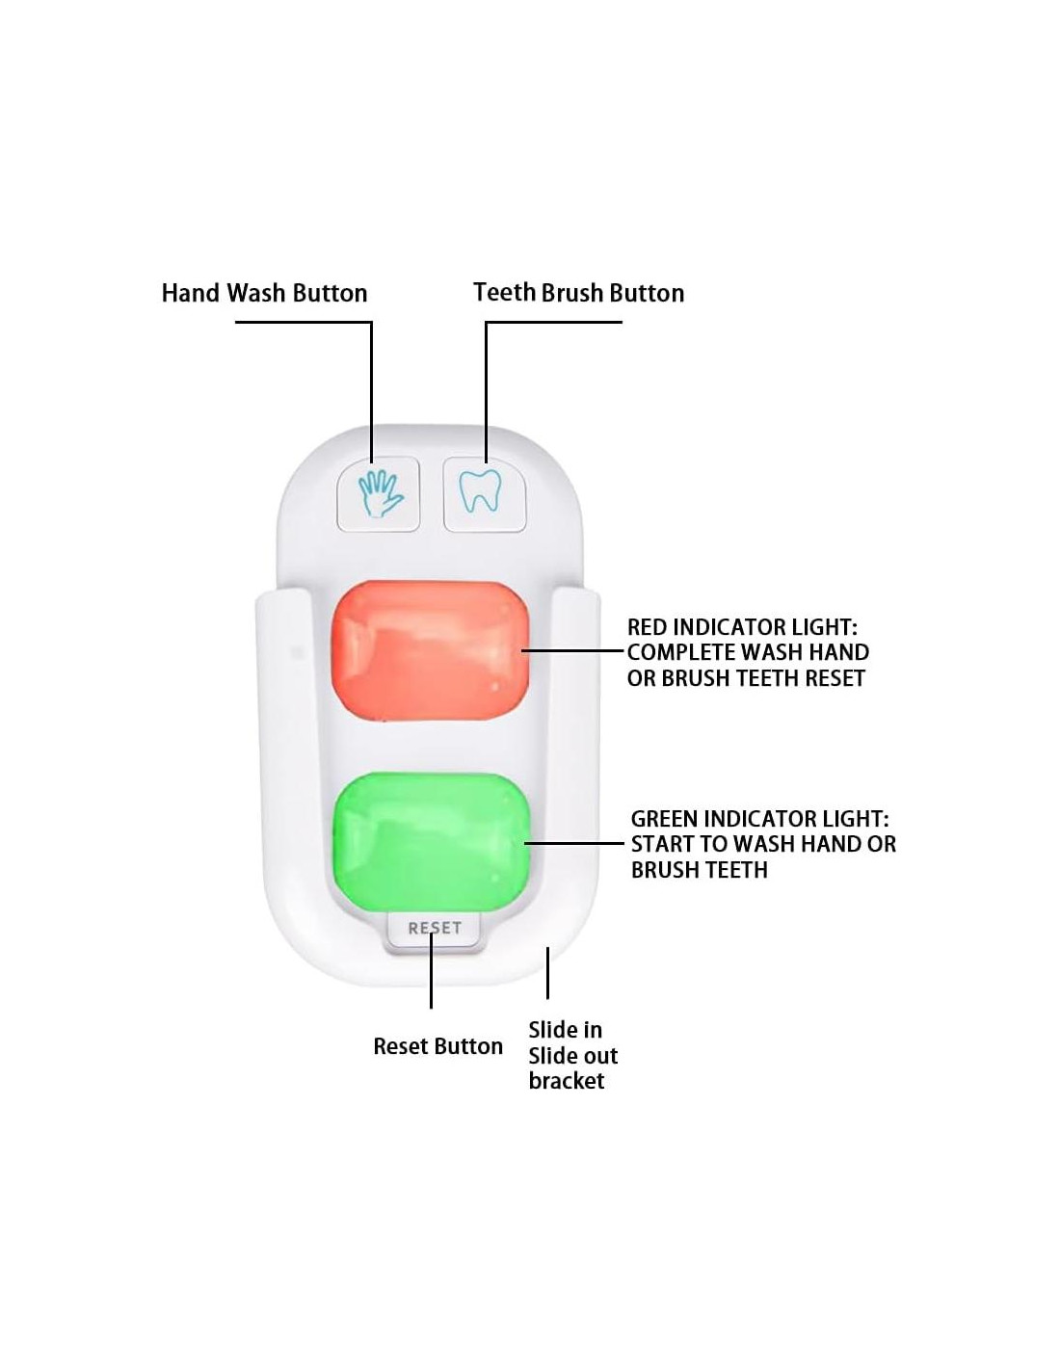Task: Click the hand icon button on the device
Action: click(379, 493)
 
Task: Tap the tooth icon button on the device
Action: click(484, 493)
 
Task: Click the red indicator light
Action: click(430, 651)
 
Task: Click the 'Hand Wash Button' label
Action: click(264, 293)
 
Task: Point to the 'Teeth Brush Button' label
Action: click(578, 293)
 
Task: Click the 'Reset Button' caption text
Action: click(437, 1046)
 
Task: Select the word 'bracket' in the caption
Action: click(567, 1081)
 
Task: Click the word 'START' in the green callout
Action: click(664, 844)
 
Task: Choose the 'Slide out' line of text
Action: click(573, 1056)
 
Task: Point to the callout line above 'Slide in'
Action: click(547, 973)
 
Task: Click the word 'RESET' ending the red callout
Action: click(835, 678)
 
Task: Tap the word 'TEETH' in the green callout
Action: click(733, 870)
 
